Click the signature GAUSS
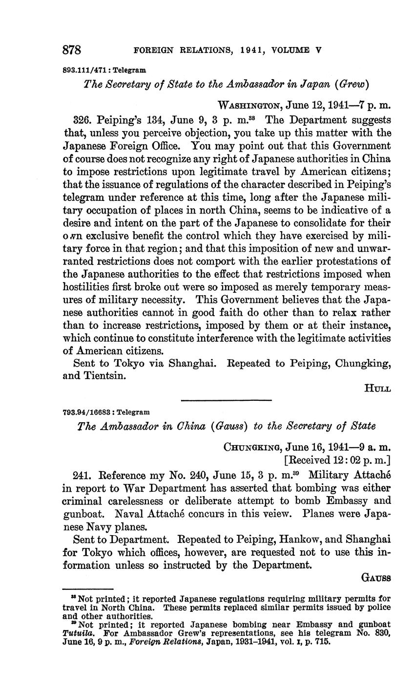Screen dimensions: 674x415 375,578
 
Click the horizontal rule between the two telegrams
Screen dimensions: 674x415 226,401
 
